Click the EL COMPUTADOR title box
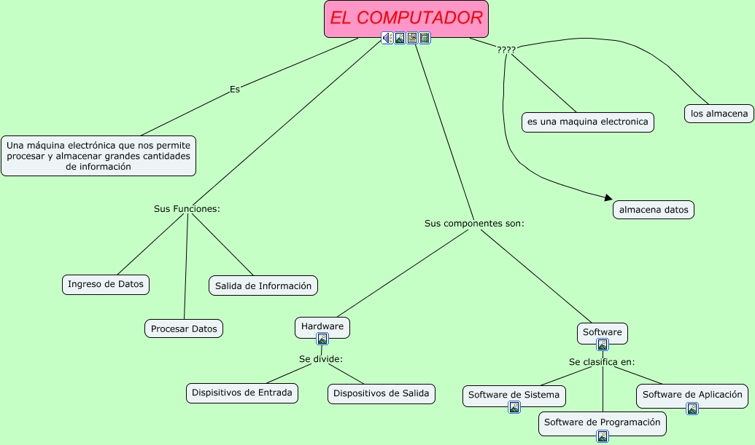(406, 18)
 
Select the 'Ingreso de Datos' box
(106, 284)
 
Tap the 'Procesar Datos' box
(184, 328)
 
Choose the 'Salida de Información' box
(263, 285)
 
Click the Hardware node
(322, 326)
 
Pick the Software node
(603, 332)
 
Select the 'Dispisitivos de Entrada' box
(242, 393)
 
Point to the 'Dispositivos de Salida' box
(382, 393)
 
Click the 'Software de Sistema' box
(514, 395)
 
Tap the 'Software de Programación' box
(603, 422)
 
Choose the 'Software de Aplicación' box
(692, 395)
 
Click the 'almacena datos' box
(654, 210)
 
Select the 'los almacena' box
(719, 114)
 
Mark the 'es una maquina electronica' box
(588, 122)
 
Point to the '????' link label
(506, 50)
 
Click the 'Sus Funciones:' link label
(187, 208)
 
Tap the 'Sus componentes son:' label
(474, 223)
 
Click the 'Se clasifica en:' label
(602, 361)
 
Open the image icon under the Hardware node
(322, 339)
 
